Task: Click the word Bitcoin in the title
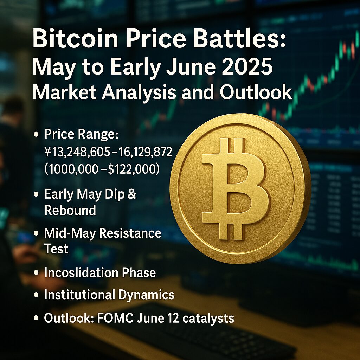[75, 39]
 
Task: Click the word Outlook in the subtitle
[256, 92]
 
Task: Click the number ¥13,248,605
[77, 152]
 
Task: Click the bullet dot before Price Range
[36, 134]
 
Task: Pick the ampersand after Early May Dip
[131, 194]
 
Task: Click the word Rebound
[70, 210]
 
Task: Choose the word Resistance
[130, 233]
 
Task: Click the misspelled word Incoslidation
[81, 272]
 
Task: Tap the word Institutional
[80, 294]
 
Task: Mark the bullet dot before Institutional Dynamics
[36, 295]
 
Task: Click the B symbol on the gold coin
[235, 189]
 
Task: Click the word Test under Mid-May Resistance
[56, 249]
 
